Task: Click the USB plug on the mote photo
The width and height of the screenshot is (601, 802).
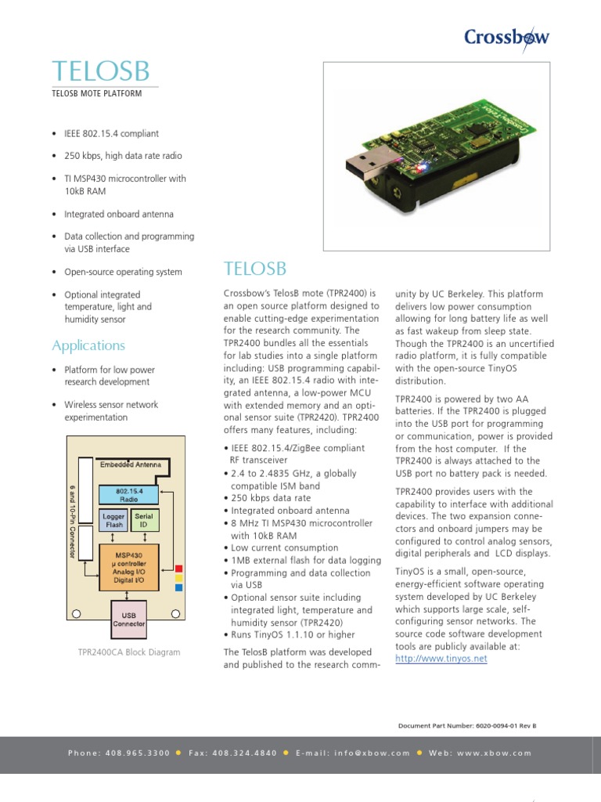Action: click(x=367, y=165)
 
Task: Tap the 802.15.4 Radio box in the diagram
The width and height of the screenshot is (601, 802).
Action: click(x=129, y=495)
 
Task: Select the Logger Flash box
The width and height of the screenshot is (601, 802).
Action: click(x=114, y=521)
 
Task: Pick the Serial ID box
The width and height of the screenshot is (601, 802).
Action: click(x=144, y=521)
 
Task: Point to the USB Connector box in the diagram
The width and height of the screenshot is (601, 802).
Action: click(x=129, y=620)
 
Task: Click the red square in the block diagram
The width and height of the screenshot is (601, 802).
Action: click(x=179, y=568)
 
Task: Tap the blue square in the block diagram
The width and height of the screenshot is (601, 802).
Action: click(x=179, y=587)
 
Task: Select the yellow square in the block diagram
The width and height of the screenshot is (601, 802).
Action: click(x=179, y=577)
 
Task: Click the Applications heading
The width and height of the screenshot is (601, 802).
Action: click(x=88, y=345)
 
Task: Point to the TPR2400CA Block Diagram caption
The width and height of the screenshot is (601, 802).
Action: click(x=129, y=652)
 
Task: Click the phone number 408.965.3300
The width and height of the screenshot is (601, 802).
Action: click(x=141, y=753)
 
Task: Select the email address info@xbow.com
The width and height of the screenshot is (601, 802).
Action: click(x=369, y=753)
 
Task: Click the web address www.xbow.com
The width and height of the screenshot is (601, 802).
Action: click(x=492, y=753)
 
